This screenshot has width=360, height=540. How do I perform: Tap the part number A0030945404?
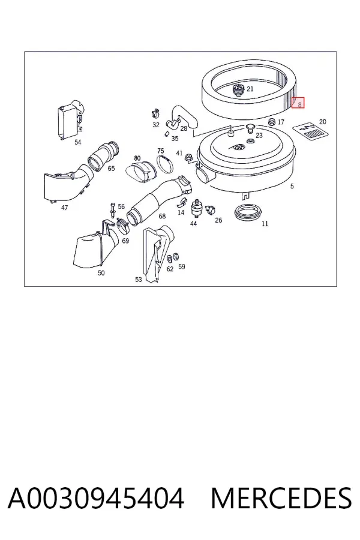tap(96, 498)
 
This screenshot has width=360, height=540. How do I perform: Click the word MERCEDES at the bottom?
tap(281, 498)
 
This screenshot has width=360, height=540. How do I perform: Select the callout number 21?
tap(250, 89)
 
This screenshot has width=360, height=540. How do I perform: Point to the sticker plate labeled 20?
tap(310, 132)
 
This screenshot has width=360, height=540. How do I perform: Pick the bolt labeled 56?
tap(113, 210)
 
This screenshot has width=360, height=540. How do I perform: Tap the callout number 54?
tap(78, 142)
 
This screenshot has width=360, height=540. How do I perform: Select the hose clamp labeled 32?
tap(155, 113)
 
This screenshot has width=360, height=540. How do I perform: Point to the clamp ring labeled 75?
tap(166, 164)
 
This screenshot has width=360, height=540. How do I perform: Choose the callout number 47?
tap(64, 208)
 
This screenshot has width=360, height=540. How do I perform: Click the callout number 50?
tap(101, 273)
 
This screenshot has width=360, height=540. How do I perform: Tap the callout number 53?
tap(138, 279)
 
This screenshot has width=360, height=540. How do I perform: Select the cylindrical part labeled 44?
tap(196, 208)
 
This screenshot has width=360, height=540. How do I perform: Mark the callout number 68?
tap(162, 216)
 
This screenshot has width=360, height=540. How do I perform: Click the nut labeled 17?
tap(272, 122)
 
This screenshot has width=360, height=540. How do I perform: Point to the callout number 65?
tap(111, 169)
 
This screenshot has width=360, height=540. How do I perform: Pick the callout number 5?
tap(292, 187)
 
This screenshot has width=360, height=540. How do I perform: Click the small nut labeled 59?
tap(175, 256)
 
